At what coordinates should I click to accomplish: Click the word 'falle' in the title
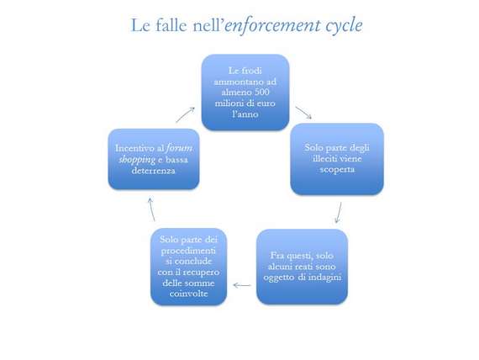coord(171,25)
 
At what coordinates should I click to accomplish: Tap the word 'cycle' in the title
coord(344,26)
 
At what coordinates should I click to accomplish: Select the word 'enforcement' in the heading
coord(273,25)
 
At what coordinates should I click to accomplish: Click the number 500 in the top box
coord(261,92)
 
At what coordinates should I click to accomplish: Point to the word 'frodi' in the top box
coord(251,71)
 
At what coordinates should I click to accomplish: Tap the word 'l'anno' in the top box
coord(245,114)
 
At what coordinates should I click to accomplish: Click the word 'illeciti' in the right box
coord(324,158)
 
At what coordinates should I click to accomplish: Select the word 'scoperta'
coord(337,169)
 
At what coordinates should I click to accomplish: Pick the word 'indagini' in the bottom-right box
coord(324,278)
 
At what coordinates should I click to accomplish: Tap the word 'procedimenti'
coord(188,251)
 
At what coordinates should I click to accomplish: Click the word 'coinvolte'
coord(188,294)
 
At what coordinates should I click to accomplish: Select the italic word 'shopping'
coord(137,160)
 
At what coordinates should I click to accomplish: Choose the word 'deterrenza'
coord(153,171)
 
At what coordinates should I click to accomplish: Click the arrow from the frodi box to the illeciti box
coord(303,113)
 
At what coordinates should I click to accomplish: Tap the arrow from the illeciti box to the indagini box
coord(339,213)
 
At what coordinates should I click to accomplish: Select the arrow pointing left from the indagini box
coord(242,285)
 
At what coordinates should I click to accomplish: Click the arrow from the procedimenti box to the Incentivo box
coord(151,209)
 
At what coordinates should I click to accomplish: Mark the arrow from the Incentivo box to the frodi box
coord(185,114)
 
